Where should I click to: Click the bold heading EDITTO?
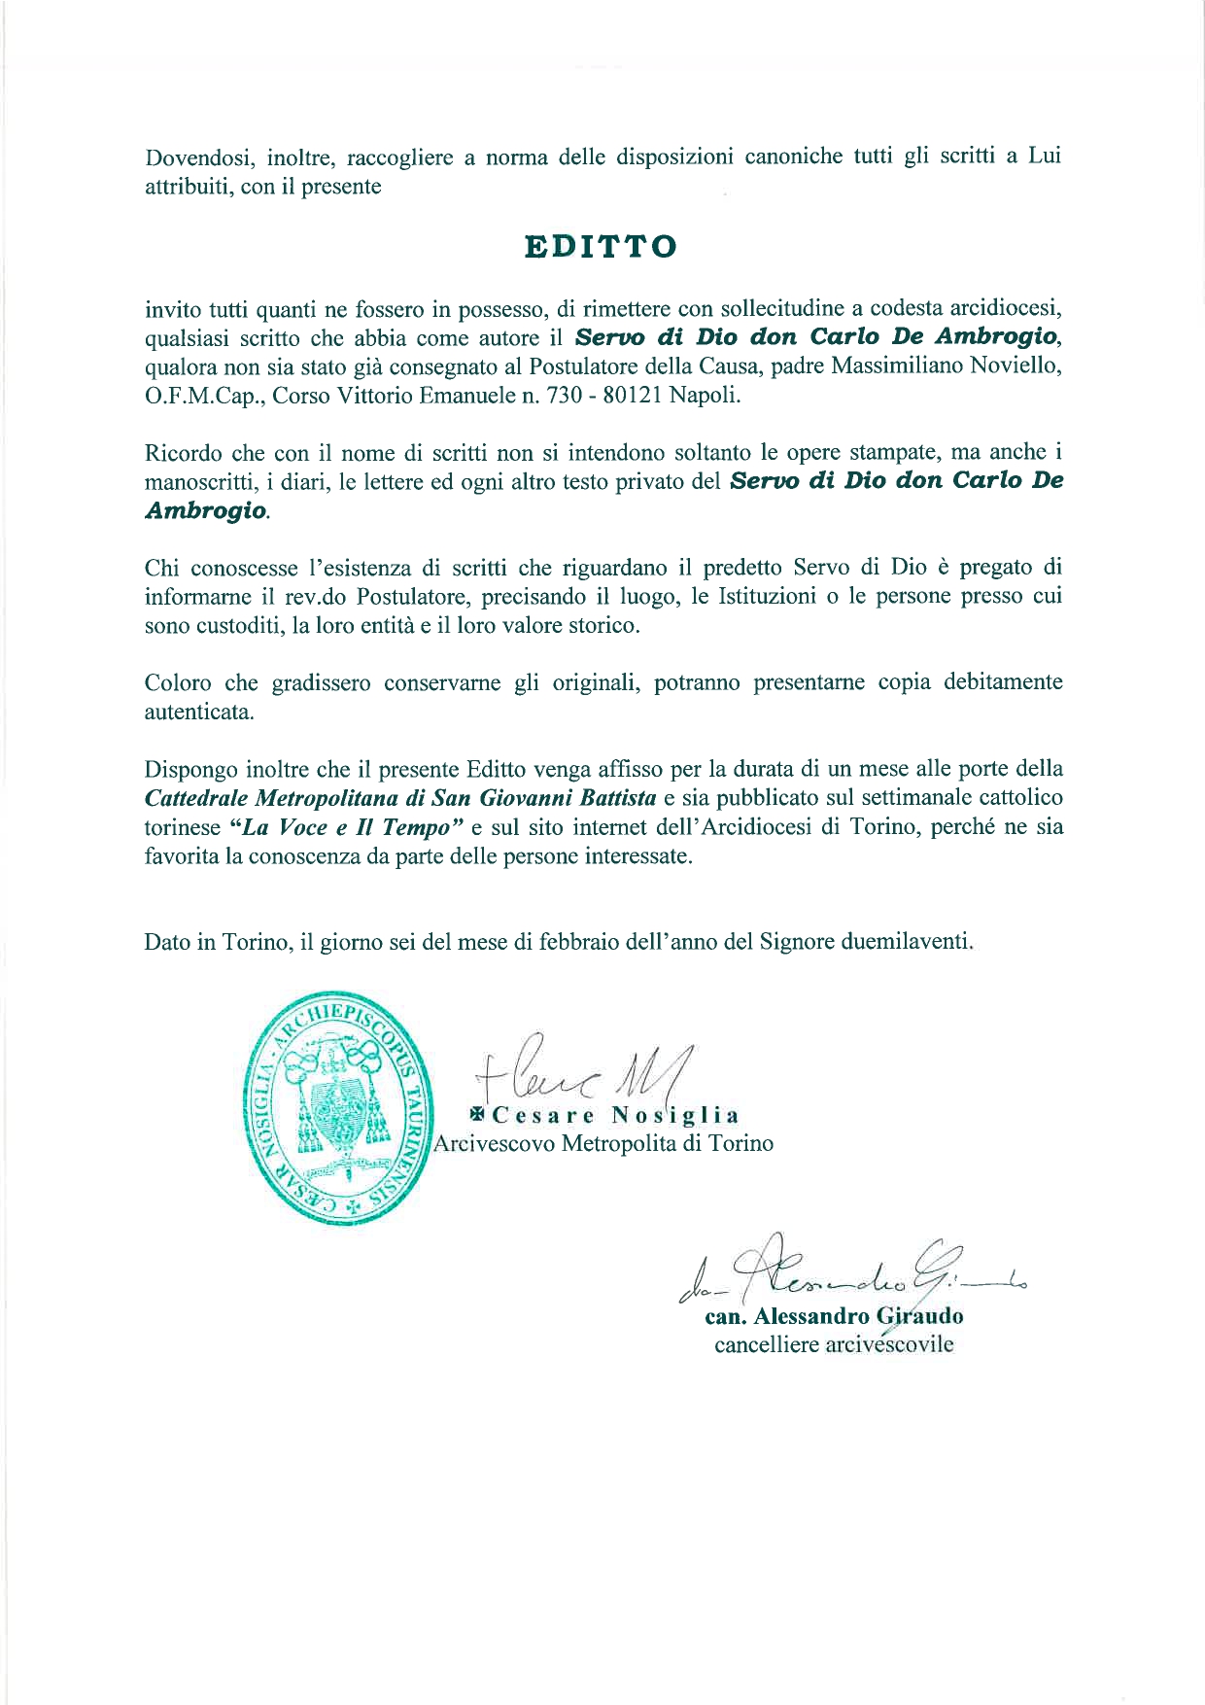601,247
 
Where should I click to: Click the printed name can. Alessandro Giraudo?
834,1318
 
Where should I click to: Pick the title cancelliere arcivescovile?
834,1346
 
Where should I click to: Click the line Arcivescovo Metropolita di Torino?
603,1143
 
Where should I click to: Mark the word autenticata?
199,712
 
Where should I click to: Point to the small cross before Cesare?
479,1115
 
